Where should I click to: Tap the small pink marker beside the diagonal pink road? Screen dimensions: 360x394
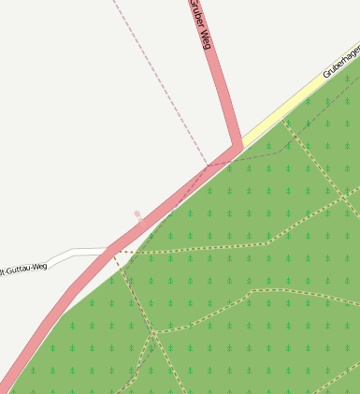[x=137, y=214]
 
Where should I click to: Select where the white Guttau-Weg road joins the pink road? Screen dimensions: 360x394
[x=110, y=250]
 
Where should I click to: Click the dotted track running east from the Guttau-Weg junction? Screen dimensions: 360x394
[x=206, y=248]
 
